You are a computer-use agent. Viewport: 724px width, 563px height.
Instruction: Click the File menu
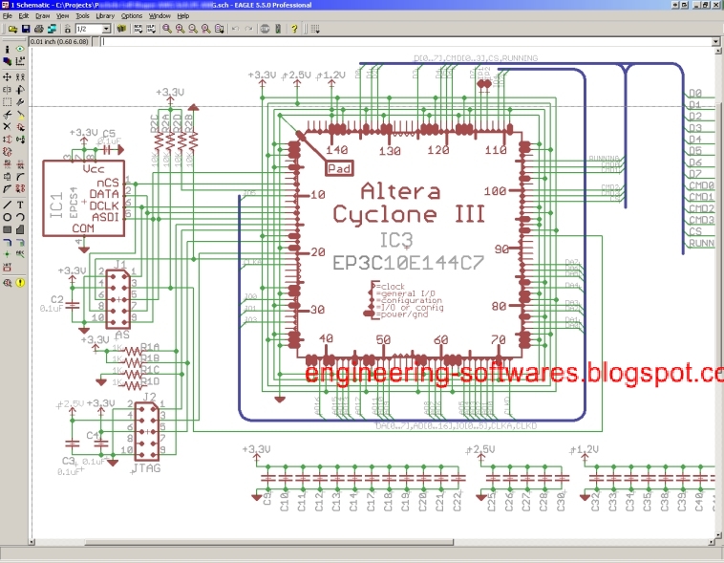pos(8,16)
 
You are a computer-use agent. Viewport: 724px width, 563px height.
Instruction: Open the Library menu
pos(105,16)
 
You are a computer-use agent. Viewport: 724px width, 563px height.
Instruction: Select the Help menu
pos(183,16)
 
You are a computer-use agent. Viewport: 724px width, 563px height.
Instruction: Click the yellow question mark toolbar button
pos(293,29)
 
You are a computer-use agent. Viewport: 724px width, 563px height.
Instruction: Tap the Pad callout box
pos(339,168)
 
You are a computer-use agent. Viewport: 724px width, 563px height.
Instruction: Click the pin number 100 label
pos(495,192)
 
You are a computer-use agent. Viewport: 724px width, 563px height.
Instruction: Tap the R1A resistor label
pos(150,348)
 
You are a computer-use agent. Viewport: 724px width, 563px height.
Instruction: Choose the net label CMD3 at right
pos(702,220)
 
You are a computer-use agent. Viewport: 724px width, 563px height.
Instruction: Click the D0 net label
pos(695,94)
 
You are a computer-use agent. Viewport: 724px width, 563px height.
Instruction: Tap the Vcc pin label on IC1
pos(94,168)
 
